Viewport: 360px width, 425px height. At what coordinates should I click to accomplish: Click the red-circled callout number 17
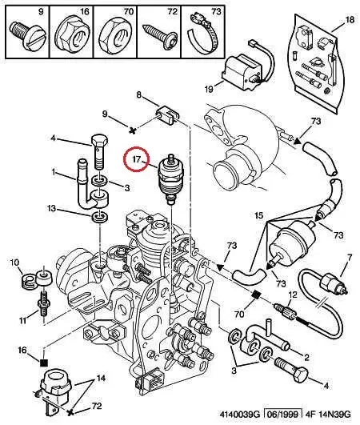[137, 158]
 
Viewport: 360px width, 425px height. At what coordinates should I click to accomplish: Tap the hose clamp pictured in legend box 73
[204, 34]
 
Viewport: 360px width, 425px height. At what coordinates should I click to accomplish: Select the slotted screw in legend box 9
[28, 35]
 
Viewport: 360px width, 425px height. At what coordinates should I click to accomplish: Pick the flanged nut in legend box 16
[71, 34]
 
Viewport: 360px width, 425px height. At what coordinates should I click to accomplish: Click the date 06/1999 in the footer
[282, 414]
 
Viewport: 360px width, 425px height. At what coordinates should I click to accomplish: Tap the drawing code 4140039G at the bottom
[240, 414]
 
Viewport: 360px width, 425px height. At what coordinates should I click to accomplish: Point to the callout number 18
[350, 19]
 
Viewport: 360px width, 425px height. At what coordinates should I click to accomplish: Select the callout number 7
[350, 258]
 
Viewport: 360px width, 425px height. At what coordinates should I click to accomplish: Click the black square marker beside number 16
[44, 363]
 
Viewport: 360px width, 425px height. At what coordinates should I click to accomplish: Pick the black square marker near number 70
[256, 295]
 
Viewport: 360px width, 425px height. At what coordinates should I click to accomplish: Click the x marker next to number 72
[70, 412]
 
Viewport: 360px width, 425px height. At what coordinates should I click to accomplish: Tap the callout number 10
[15, 263]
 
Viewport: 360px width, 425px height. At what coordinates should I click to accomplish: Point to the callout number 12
[293, 295]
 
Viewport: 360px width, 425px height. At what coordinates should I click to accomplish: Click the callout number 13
[51, 208]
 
